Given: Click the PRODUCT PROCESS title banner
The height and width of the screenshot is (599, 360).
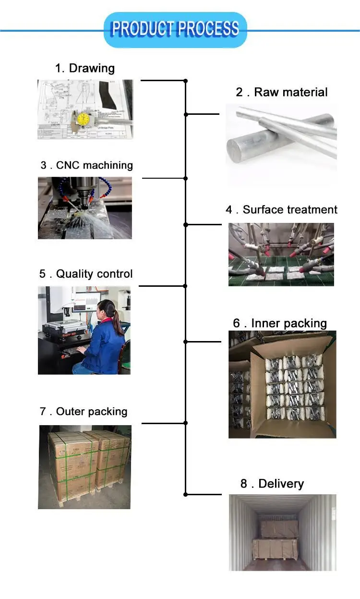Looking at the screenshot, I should click(x=175, y=29).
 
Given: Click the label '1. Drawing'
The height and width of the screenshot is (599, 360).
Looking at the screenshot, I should click(x=85, y=68).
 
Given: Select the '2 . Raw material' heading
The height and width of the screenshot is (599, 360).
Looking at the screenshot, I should click(x=282, y=92).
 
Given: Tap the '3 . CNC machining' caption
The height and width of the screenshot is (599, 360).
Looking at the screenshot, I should click(x=86, y=165).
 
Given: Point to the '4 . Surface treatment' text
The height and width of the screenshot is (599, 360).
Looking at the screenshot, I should click(x=282, y=210).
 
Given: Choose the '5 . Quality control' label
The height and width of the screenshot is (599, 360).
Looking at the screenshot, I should click(x=86, y=274).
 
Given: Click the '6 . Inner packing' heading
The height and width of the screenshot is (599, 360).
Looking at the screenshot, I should click(x=280, y=323).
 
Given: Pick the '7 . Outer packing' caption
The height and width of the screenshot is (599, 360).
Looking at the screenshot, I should click(x=84, y=412).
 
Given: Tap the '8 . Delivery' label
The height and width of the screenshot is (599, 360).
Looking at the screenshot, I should click(x=272, y=483).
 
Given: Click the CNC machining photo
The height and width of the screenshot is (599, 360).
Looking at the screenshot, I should click(x=85, y=208).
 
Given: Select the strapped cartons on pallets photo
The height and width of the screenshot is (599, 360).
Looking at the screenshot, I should click(x=84, y=466).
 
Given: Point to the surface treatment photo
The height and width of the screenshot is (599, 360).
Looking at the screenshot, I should click(x=281, y=255).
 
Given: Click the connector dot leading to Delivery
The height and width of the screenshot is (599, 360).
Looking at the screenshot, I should click(x=186, y=494).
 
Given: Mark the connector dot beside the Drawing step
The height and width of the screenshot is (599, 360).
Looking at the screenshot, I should click(x=186, y=81).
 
